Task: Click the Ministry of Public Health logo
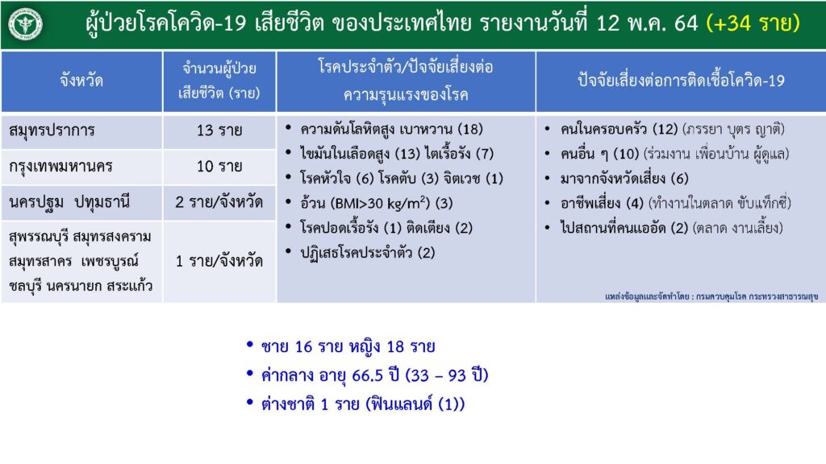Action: point(25,24)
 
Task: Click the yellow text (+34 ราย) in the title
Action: point(753,23)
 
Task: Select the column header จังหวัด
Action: point(81,81)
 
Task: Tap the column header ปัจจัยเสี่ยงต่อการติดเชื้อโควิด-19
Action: point(681,81)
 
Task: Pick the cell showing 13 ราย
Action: point(219,130)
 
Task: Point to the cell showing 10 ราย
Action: point(219,166)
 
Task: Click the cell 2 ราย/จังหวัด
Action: point(219,202)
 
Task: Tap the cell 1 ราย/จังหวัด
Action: point(219,261)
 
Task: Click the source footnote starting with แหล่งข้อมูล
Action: point(711,296)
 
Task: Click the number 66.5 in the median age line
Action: point(367,375)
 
